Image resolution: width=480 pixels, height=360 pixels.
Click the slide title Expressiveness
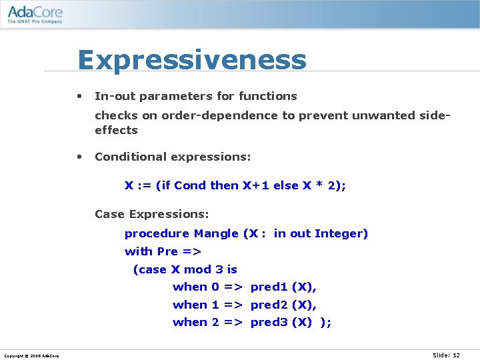pos(192,60)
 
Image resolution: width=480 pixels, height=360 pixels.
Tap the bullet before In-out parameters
pos(79,95)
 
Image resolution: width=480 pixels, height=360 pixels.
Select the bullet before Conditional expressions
pos(79,156)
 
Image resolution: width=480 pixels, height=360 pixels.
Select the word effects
pos(116,130)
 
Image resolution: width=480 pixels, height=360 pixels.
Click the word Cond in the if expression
pos(190,185)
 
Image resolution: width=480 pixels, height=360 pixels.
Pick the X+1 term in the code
pos(257,185)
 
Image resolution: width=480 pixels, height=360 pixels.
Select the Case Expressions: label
pos(152,214)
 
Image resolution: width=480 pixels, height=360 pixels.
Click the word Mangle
pos(216,233)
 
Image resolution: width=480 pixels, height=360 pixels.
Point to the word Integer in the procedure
pos(341,233)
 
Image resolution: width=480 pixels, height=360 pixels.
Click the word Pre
pos(167,251)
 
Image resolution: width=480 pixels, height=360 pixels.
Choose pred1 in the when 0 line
pos(269,287)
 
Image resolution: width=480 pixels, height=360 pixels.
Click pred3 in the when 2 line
pos(269,323)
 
